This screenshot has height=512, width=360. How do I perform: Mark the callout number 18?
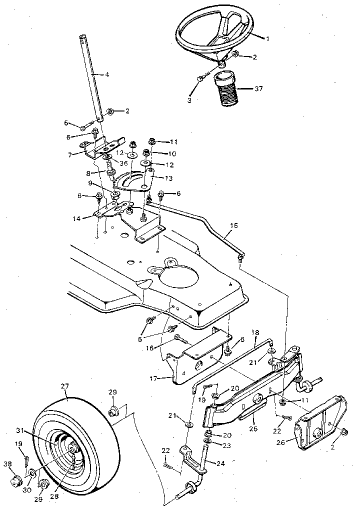255,331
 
